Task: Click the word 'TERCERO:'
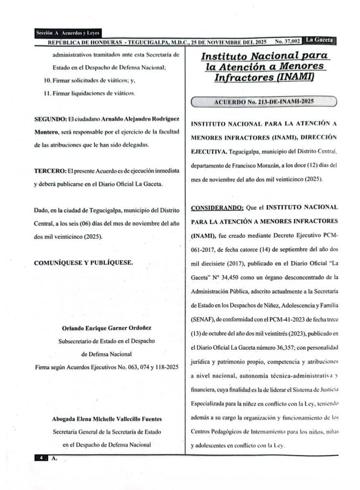point(52,171)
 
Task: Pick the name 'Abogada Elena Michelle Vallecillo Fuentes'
point(106,419)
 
